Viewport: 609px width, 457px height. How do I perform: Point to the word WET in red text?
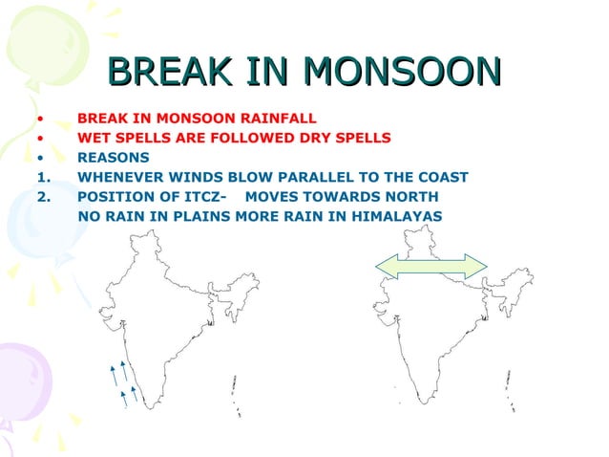coord(93,138)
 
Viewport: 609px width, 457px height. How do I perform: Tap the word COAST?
coord(441,177)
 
